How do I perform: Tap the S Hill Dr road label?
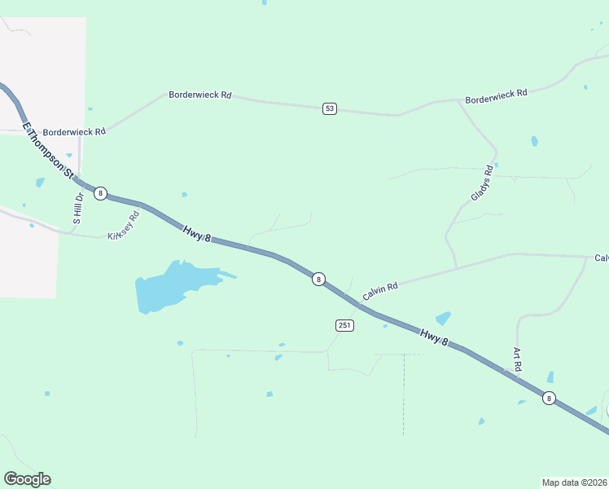[78, 208]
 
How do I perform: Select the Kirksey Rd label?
[124, 225]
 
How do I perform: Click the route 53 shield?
[329, 108]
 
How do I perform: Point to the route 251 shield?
[344, 325]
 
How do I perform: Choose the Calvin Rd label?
[380, 289]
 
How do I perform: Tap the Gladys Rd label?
[482, 184]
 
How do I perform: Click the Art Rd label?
[517, 359]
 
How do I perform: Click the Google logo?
[27, 479]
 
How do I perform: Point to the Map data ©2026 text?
[575, 482]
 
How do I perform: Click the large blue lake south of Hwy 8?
[171, 286]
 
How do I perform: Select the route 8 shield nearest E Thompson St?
[100, 193]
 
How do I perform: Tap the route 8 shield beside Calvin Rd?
[318, 279]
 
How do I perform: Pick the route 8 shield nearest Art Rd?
[550, 398]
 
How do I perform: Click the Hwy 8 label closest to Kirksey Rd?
[196, 234]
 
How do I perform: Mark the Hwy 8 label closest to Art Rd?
[434, 337]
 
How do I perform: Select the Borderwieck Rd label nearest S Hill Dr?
[74, 131]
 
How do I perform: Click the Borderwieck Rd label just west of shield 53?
[200, 95]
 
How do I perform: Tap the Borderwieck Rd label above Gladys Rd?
[496, 95]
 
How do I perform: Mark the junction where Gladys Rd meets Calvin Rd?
[456, 267]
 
